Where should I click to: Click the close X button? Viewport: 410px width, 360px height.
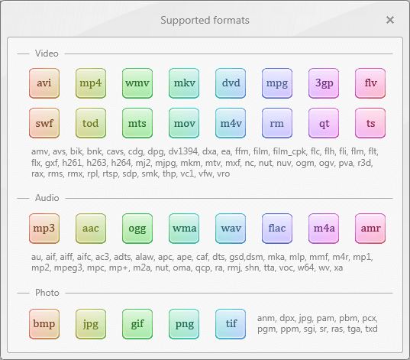point(390,20)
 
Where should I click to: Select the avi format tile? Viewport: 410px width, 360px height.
point(44,83)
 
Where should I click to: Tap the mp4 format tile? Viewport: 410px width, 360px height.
point(91,83)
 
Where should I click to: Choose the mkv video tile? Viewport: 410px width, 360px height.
point(184,83)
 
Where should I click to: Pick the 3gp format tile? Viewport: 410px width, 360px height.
point(324,83)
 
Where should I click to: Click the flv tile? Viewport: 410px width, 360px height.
point(370,83)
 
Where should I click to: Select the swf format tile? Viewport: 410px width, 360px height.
point(44,123)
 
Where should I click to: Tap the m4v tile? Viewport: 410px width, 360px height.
point(231,123)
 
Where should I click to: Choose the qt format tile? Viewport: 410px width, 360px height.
point(324,123)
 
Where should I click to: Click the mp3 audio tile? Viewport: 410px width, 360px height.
point(44,229)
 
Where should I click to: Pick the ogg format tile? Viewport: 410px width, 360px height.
point(137,229)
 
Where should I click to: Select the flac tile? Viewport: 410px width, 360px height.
point(277,229)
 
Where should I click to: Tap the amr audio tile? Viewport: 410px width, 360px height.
point(370,229)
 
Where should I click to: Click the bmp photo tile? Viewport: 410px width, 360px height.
point(44,324)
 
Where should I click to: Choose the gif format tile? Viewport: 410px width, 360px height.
point(137,324)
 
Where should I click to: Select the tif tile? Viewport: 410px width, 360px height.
point(231,324)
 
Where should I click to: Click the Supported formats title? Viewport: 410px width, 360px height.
point(205,21)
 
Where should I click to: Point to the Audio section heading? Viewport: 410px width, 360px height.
point(47,198)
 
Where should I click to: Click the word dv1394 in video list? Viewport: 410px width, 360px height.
point(183,151)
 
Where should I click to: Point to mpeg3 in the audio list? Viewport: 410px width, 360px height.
point(68,268)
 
